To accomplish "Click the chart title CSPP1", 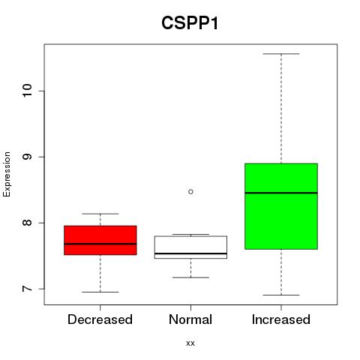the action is pos(190,23).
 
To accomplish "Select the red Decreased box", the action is pos(100,240).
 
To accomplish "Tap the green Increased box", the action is pos(281,206).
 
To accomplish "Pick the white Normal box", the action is pos(190,247).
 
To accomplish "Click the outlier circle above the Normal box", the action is pos(190,192).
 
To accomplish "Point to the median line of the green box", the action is pos(281,193).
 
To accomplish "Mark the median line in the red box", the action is pos(100,244).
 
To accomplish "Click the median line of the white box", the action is pos(190,253).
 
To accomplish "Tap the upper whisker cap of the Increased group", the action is pos(281,54).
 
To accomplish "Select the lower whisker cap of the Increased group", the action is pos(281,295).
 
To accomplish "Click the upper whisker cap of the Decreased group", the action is pos(100,214).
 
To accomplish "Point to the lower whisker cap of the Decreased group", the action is pos(100,292).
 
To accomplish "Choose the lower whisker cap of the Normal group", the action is pos(190,277).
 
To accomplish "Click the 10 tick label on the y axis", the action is pos(27,91).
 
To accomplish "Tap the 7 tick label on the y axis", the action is pos(27,289).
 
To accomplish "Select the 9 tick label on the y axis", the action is pos(27,157).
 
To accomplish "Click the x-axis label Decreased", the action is pos(100,319).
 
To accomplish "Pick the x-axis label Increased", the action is pos(281,319).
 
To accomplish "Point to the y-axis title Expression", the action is pos(7,174).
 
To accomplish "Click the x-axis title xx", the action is pos(190,343).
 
